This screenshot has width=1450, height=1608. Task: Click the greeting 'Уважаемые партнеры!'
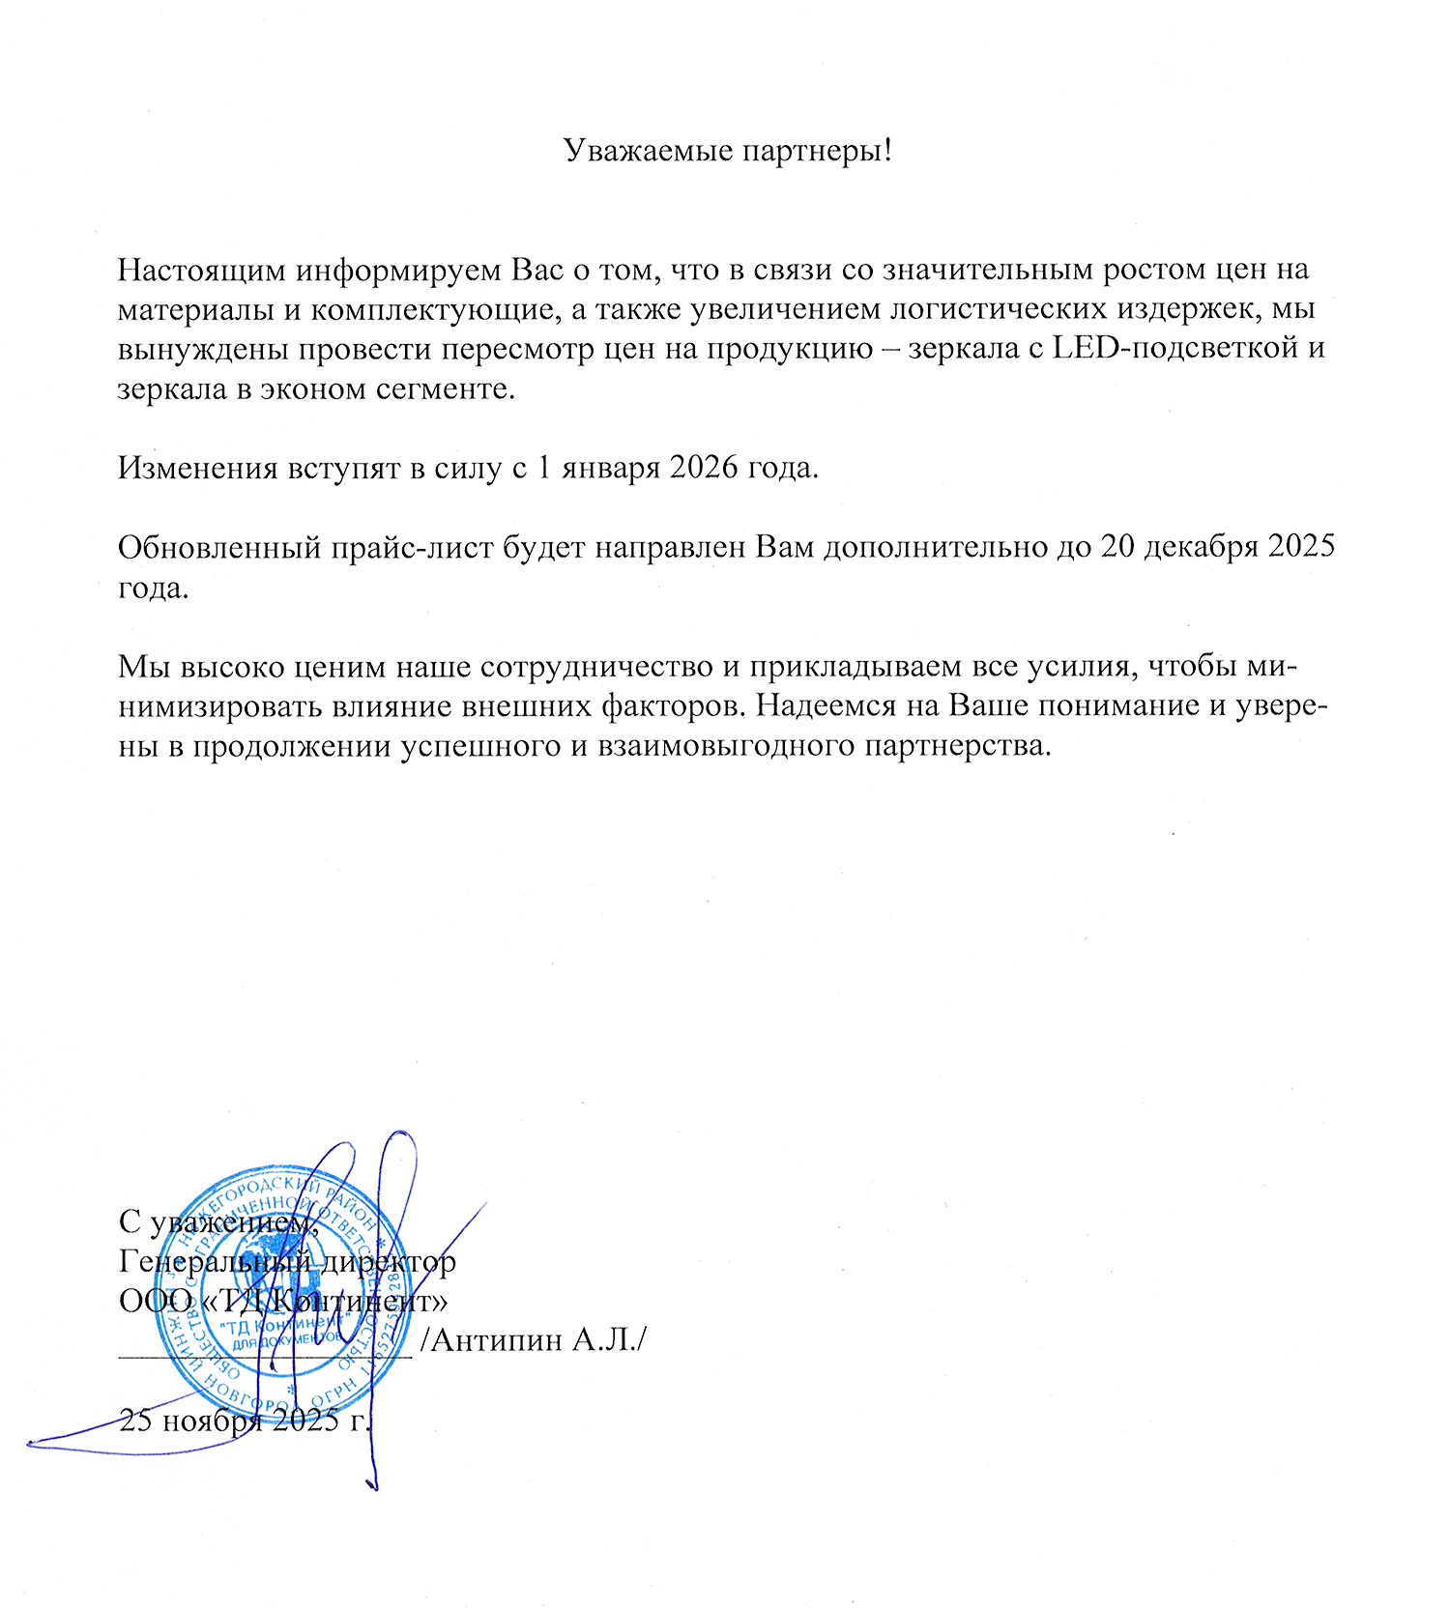727,151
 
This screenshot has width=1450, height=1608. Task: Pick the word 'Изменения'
195,468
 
